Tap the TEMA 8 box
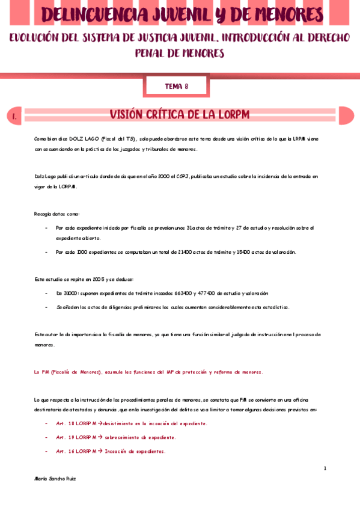[x=177, y=87]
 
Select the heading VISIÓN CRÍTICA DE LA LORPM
[x=180, y=115]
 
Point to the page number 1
[x=325, y=469]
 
